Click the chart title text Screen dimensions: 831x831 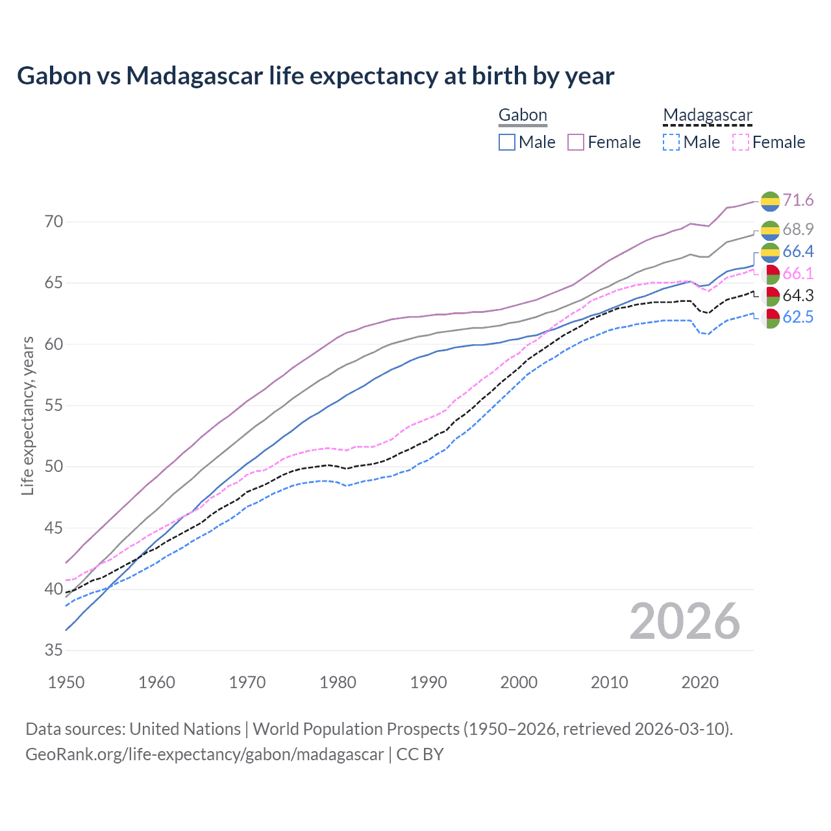pyautogui.click(x=316, y=76)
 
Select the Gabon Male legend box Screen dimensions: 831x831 pyautogui.click(x=507, y=142)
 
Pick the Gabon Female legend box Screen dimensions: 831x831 pyautogui.click(x=576, y=142)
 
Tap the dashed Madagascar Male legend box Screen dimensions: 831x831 pyautogui.click(x=671, y=142)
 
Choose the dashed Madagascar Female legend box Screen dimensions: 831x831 pyautogui.click(x=741, y=142)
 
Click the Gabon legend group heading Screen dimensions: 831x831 pyautogui.click(x=523, y=116)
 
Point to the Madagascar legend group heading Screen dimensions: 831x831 pyautogui.click(x=707, y=116)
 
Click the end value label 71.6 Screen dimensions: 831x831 pyautogui.click(x=798, y=200)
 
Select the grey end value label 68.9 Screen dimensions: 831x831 pyautogui.click(x=798, y=229)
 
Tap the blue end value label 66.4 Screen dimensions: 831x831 pyautogui.click(x=798, y=251)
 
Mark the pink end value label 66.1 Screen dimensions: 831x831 pyautogui.click(x=798, y=273)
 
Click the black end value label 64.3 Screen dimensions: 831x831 pyautogui.click(x=798, y=296)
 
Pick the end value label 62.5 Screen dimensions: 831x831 pyautogui.click(x=798, y=317)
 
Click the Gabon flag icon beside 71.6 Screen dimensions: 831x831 pyautogui.click(x=770, y=201)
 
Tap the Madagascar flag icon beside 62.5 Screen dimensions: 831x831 pyautogui.click(x=770, y=318)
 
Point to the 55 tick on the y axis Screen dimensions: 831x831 pyautogui.click(x=54, y=406)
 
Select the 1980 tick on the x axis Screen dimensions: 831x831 pyautogui.click(x=338, y=682)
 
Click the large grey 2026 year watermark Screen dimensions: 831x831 pyautogui.click(x=684, y=621)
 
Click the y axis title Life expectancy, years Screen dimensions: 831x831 pyautogui.click(x=27, y=415)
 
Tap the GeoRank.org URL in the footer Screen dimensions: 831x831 pyautogui.click(x=205, y=754)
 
